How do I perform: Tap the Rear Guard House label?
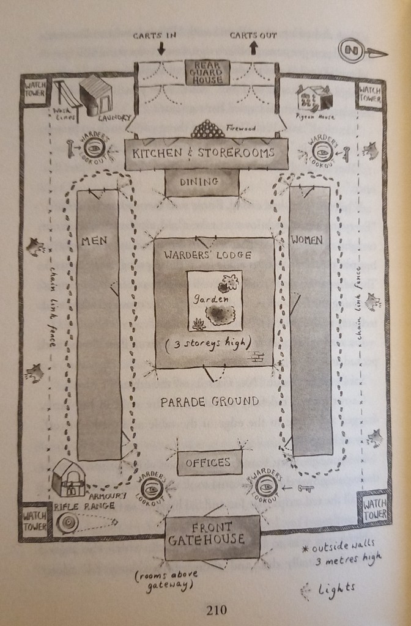(208, 72)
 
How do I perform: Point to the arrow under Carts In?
(161, 48)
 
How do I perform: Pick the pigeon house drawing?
(313, 98)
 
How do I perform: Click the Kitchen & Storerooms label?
(206, 153)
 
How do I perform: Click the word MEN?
(95, 240)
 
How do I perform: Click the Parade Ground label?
(209, 402)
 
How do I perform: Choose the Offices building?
(208, 463)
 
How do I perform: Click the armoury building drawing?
(68, 477)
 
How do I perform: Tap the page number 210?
(217, 609)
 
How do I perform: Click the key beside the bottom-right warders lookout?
(306, 488)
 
